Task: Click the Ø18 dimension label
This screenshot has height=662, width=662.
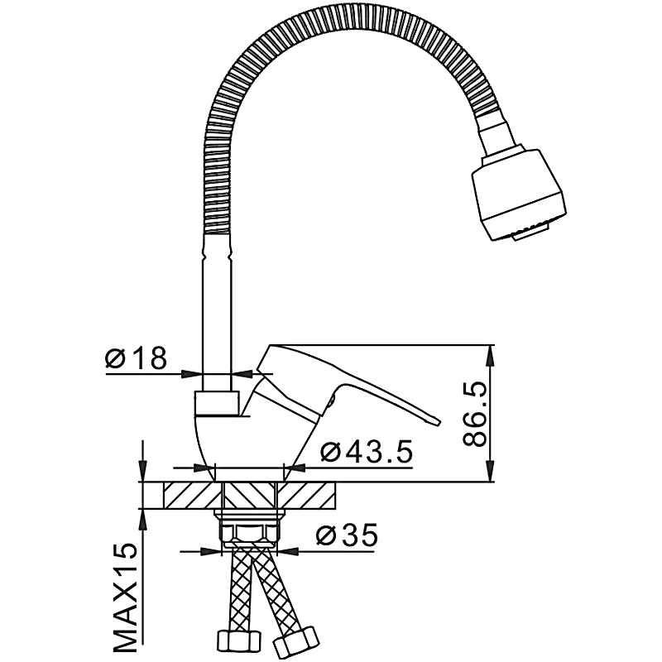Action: (136, 357)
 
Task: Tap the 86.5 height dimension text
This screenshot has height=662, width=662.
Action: (474, 414)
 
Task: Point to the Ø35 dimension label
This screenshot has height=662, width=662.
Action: (346, 535)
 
